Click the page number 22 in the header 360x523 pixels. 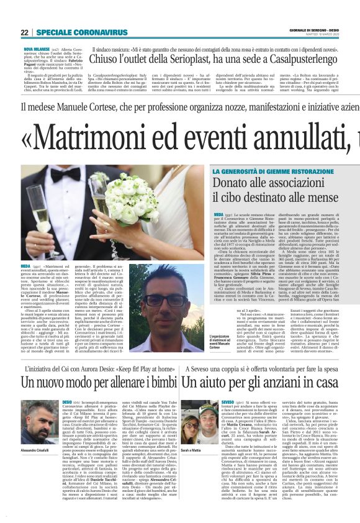coord(24,32)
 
